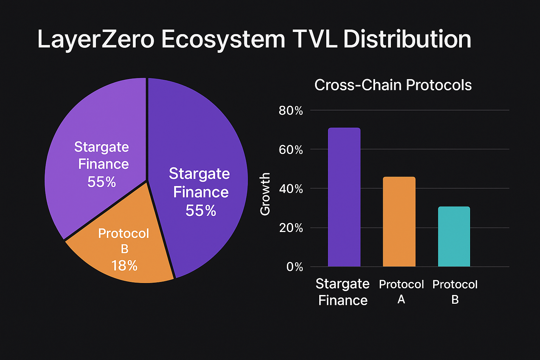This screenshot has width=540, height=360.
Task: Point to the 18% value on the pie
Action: pos(124,266)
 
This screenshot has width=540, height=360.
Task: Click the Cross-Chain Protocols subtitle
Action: pos(393,85)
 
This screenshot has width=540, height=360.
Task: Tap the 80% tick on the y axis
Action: pos(291,111)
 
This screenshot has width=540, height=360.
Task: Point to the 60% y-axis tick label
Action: pos(291,150)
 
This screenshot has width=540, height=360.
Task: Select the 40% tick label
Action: pos(291,189)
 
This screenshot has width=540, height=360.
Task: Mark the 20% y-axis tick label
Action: pos(291,228)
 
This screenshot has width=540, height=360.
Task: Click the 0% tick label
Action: pos(295,267)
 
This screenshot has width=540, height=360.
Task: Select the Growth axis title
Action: pos(265,194)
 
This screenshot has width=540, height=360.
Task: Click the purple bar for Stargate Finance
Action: pos(344,197)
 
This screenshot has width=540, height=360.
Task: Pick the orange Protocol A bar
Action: pos(399,222)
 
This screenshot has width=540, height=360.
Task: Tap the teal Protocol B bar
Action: pos(454,237)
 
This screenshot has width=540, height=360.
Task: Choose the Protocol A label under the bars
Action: pos(401,291)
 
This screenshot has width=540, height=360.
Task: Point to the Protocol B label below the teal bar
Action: pos(455,292)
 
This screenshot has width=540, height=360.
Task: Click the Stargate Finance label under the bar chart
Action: pos(343,292)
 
